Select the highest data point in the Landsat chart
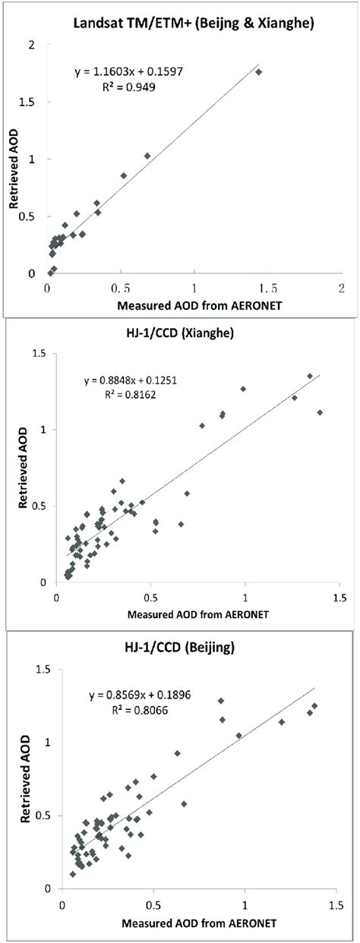pyautogui.click(x=258, y=72)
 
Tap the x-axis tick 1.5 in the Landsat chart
pyautogui.click(x=268, y=289)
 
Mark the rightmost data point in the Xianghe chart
pyautogui.click(x=320, y=412)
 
